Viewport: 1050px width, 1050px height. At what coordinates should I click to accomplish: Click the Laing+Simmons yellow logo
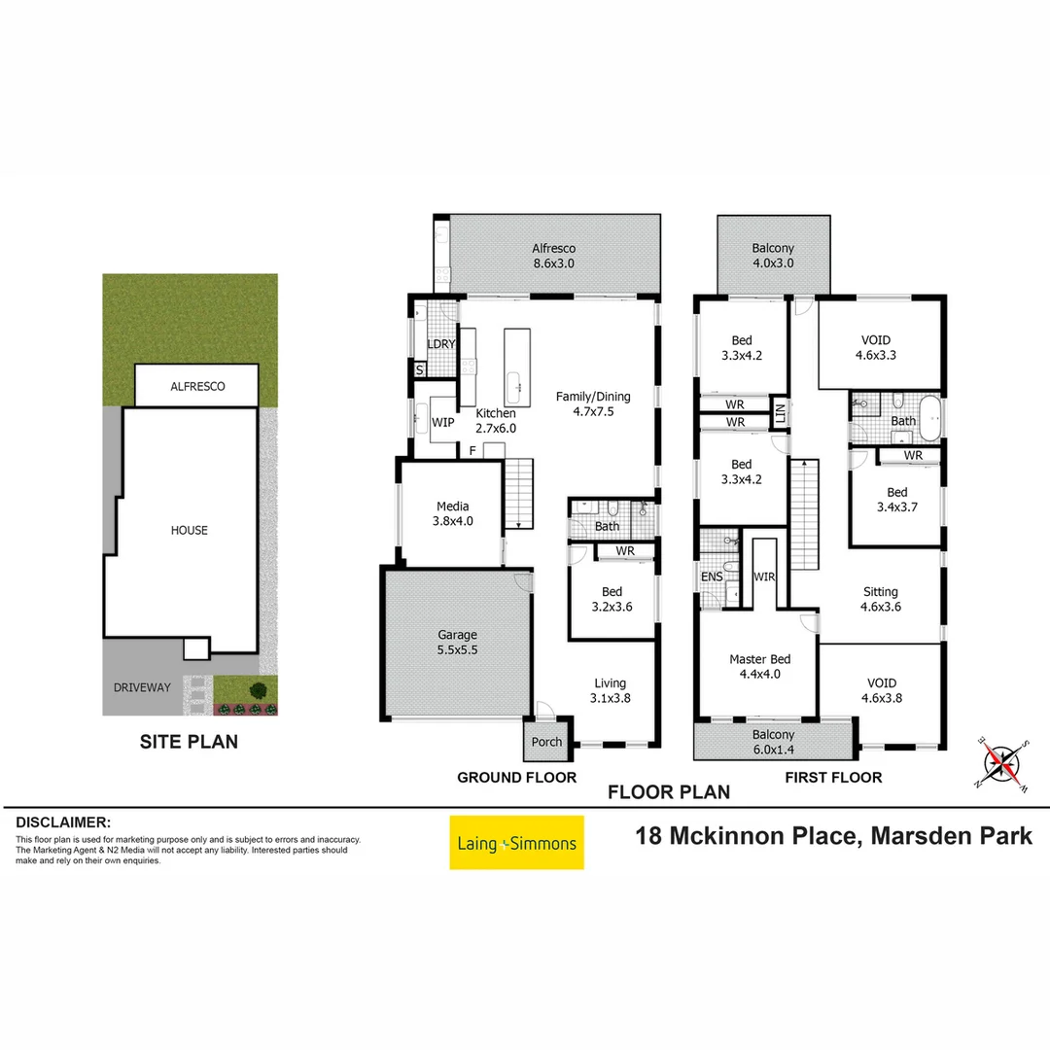(516, 843)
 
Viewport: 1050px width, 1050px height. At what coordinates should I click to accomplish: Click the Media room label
(452, 512)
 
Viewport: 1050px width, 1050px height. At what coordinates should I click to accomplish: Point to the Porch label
(546, 742)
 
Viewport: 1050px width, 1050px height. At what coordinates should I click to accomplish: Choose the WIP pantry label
(443, 422)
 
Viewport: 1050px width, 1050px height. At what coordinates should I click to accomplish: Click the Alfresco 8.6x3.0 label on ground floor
(552, 255)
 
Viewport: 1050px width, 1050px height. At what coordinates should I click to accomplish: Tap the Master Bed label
(759, 666)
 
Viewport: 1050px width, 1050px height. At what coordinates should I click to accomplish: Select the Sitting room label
(880, 598)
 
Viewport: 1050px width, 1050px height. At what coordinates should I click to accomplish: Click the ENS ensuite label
(712, 577)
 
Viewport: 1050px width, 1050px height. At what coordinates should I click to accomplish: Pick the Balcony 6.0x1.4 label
(773, 742)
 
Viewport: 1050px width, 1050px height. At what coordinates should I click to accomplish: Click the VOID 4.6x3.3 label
(879, 347)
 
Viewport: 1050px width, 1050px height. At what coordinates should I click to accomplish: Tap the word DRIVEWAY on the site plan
(141, 687)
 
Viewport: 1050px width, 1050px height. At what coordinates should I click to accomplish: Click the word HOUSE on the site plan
(189, 530)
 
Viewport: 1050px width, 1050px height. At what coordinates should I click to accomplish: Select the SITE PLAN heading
(189, 742)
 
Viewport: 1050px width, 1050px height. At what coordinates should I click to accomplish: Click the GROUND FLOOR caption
(516, 777)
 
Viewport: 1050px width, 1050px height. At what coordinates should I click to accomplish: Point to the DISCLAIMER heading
(63, 822)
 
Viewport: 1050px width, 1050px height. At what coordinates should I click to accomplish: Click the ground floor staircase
(519, 494)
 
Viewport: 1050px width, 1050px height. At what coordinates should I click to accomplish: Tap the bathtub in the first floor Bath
(931, 419)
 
